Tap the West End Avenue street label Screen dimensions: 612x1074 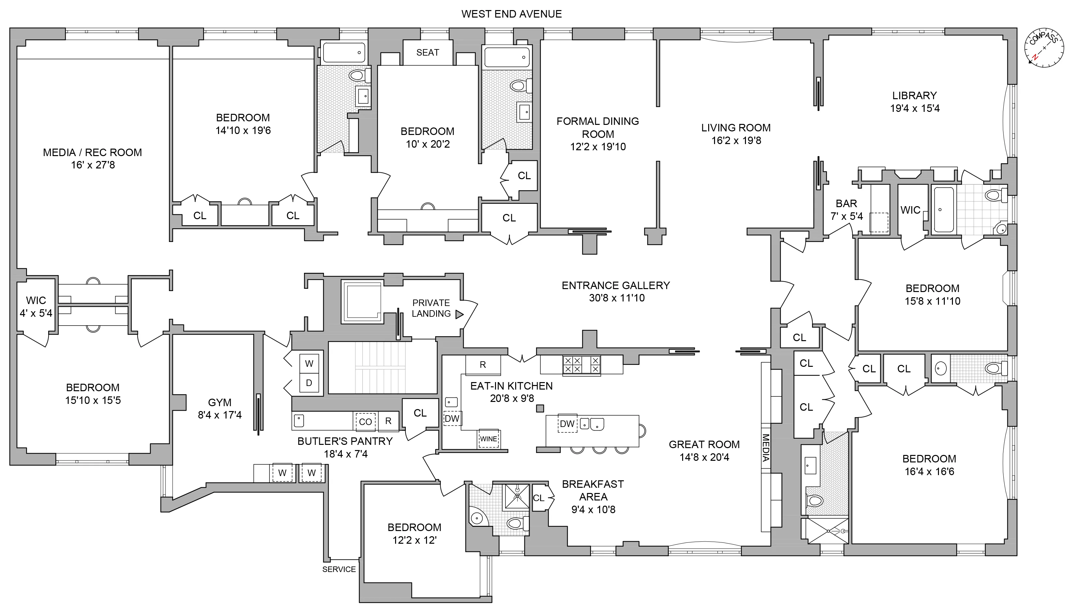[x=511, y=14]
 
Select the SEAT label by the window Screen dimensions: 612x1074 [x=427, y=53]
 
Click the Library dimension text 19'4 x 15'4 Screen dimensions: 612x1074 [x=915, y=108]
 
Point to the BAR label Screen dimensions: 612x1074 [x=846, y=204]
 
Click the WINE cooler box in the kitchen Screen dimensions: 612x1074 [x=489, y=439]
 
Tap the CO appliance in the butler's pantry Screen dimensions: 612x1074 [x=365, y=421]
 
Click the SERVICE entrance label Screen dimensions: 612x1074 [x=339, y=569]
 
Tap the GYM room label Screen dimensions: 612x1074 [x=220, y=403]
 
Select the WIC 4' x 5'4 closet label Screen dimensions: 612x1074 [x=36, y=307]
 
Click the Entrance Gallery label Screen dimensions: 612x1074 [x=615, y=286]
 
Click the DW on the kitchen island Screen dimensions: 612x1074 [x=567, y=424]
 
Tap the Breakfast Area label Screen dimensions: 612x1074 [x=593, y=490]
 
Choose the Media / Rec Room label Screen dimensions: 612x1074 [x=92, y=153]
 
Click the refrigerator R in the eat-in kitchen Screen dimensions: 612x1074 [x=483, y=365]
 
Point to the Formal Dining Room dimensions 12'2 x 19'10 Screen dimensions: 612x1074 [x=598, y=147]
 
